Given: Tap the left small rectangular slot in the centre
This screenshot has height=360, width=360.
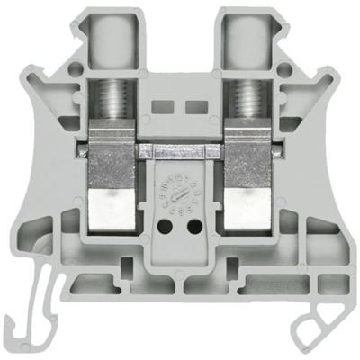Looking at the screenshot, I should (x=168, y=106).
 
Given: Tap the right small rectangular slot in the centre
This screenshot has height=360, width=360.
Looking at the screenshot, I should (x=192, y=106).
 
